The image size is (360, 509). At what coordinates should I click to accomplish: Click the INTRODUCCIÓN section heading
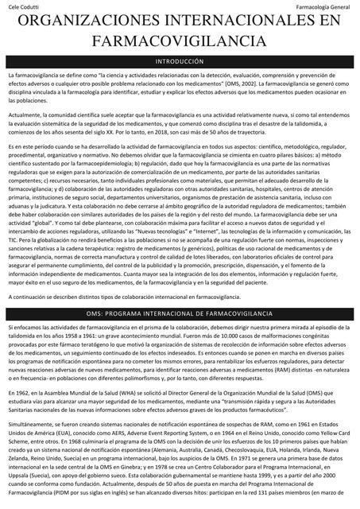coord(180,60)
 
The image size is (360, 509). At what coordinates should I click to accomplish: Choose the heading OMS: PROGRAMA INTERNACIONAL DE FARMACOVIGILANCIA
coord(180,315)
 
